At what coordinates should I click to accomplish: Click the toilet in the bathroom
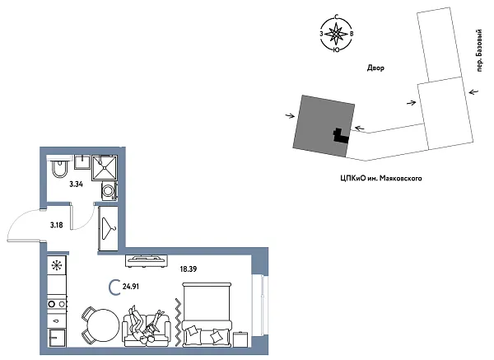58,171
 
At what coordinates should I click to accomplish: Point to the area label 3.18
57,224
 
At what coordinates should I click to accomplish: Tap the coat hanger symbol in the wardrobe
109,225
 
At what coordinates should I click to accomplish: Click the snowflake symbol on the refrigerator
57,265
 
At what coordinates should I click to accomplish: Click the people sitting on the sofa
148,325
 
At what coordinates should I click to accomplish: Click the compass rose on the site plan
336,35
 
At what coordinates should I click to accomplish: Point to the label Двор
375,68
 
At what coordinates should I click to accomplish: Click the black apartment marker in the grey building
338,135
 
